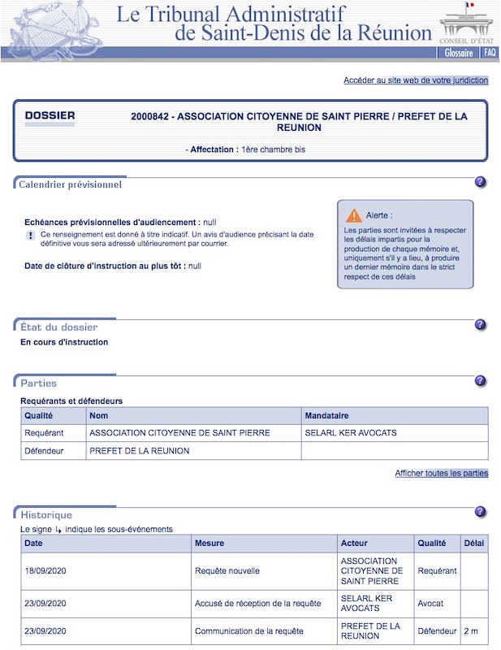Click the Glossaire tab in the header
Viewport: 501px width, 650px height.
(459, 53)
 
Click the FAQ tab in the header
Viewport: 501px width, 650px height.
(490, 53)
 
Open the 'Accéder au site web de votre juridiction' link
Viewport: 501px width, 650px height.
(416, 80)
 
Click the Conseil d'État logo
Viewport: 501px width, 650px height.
(468, 23)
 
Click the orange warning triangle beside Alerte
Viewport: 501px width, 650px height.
(354, 215)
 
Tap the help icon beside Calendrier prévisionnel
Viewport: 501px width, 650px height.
(481, 182)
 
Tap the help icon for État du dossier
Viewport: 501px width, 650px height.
(481, 325)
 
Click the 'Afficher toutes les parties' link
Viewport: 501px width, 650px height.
(441, 473)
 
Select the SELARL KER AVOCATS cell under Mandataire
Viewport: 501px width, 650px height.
(351, 433)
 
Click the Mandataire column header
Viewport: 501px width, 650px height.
(327, 415)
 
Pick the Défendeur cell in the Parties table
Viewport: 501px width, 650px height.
(45, 451)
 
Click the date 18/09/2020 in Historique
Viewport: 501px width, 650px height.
(45, 571)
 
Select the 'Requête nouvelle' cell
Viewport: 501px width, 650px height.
(227, 571)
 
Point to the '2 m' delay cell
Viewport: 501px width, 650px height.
(471, 631)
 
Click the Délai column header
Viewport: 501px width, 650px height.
(473, 543)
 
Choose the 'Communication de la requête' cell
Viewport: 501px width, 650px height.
(238, 631)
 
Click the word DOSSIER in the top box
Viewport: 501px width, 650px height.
(50, 115)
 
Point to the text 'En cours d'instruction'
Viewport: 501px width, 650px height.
(64, 342)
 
